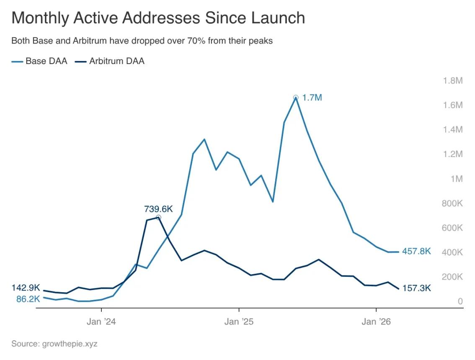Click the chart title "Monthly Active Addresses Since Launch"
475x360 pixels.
[158, 18]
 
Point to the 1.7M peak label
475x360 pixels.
[312, 98]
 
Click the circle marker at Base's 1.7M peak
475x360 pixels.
[296, 98]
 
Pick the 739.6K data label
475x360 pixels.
[158, 208]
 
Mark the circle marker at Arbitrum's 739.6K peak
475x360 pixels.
[158, 218]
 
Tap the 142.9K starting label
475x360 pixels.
[26, 288]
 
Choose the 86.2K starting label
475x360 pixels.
[28, 299]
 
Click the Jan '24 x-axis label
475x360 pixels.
[101, 321]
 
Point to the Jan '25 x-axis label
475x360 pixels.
[239, 321]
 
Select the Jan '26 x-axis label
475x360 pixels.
[376, 321]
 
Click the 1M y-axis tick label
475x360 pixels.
[456, 179]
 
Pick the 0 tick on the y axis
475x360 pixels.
[460, 301]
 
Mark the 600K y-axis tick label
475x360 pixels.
[452, 228]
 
